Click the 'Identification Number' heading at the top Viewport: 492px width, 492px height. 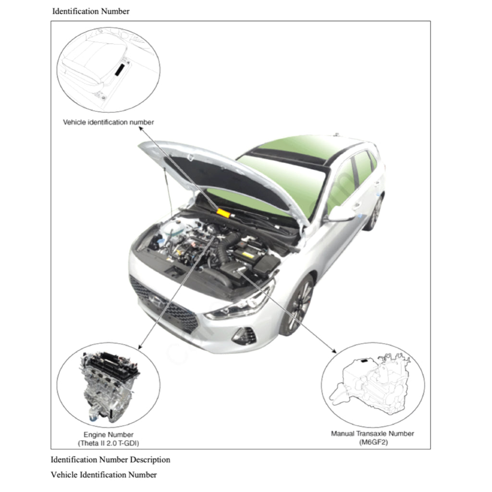[91, 11]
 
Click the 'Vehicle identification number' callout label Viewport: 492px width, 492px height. [109, 122]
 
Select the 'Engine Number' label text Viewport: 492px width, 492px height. [109, 434]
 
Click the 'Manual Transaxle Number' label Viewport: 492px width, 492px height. [372, 433]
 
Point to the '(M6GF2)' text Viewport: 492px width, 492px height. [372, 442]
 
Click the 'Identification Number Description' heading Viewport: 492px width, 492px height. [111, 459]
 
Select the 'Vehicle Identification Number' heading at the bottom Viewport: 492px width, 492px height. [104, 475]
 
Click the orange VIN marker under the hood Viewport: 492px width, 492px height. [223, 212]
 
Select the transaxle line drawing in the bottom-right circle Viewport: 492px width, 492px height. [372, 384]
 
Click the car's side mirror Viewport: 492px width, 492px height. [340, 213]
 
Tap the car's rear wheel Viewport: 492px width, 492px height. [375, 213]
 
